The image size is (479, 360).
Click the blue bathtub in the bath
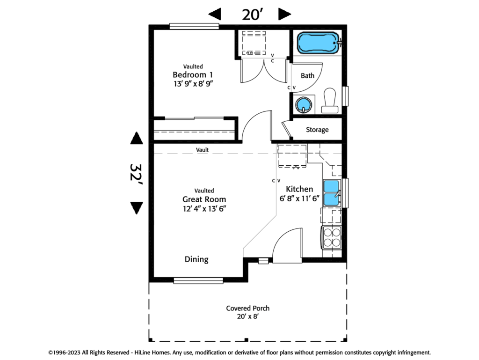318,44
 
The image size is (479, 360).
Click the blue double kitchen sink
331,192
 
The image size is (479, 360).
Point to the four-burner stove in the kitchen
331,237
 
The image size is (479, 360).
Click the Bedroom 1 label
193,75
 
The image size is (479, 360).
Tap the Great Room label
204,199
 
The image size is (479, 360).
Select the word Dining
196,259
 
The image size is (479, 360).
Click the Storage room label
317,130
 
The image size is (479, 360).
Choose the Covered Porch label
247,308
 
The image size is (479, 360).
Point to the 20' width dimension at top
250,15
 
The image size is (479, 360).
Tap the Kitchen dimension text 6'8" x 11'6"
299,198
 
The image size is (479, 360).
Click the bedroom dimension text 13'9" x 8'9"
193,84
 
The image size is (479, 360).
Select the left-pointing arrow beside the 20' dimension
215,15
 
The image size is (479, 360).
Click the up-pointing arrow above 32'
136,139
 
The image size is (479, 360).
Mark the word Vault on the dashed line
202,150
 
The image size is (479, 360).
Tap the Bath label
307,76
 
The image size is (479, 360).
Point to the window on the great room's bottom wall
198,281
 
